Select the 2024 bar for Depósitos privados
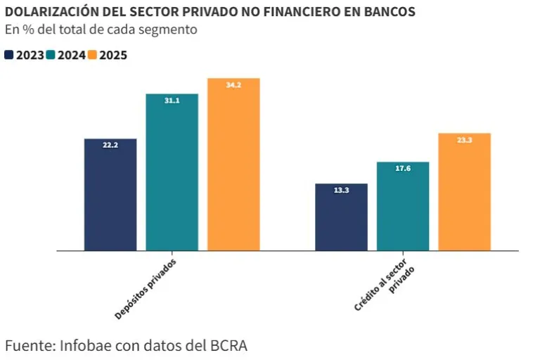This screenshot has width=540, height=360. tap(172, 176)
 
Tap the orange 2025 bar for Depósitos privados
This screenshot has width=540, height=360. tap(233, 169)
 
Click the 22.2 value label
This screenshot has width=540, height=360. tap(110, 146)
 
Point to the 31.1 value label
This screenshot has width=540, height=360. tap(172, 101)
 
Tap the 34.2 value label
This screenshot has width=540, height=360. tap(233, 85)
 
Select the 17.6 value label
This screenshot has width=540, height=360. tap(403, 169)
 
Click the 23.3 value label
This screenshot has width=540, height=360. tap(464, 140)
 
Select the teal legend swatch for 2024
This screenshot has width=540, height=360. tap(51, 55)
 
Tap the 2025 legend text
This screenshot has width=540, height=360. tap(113, 55)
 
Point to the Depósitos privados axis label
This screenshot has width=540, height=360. tap(145, 289)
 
